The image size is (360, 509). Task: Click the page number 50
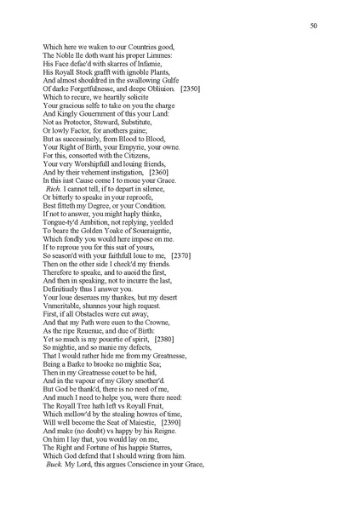coord(313,27)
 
